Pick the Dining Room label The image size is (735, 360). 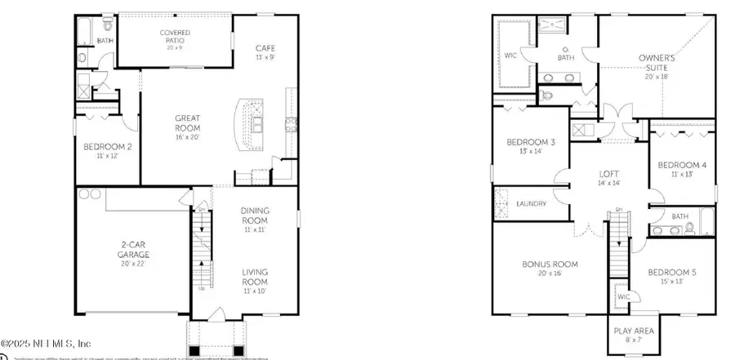click(255, 216)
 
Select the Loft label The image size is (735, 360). click(608, 177)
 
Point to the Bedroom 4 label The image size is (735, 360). click(682, 169)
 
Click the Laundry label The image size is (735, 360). click(531, 203)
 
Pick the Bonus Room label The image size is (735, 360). click(550, 269)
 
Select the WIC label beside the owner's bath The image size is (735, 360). click(510, 57)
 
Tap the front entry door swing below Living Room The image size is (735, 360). click(216, 315)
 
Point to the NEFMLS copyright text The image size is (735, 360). click(57, 344)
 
